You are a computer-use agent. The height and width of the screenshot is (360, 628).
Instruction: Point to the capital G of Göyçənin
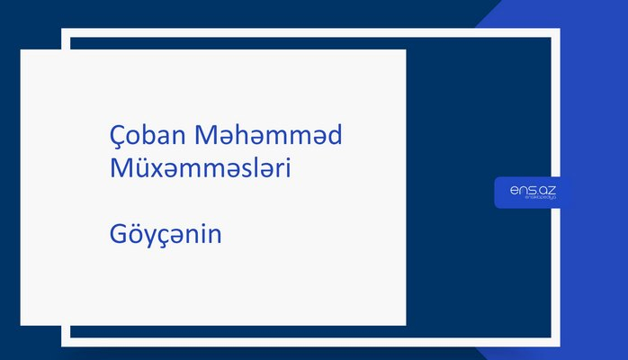tap(117, 236)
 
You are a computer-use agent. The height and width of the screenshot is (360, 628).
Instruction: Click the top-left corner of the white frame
tap(65, 32)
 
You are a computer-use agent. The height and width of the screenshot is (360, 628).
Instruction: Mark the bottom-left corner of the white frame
tap(65, 343)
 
